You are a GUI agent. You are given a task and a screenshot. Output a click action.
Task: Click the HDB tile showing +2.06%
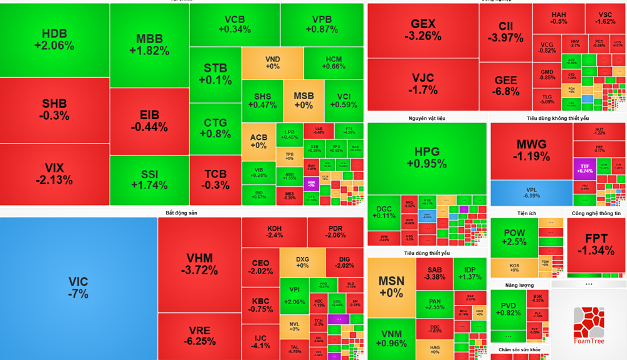tap(55, 40)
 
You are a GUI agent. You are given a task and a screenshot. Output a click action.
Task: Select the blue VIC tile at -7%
tap(78, 287)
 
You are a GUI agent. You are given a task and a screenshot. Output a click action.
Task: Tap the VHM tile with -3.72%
tap(199, 264)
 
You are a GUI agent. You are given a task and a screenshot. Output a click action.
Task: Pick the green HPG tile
tap(426, 157)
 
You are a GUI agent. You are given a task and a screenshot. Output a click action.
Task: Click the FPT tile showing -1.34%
tap(595, 245)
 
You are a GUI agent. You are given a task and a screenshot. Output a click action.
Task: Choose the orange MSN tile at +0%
tap(391, 286)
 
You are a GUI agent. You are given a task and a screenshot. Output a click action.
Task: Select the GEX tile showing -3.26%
tap(423, 30)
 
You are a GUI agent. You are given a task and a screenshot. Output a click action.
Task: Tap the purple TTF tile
tap(584, 167)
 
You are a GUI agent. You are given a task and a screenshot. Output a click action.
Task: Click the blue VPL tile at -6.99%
tap(531, 193)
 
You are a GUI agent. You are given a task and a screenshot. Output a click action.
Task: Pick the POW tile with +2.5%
tap(515, 237)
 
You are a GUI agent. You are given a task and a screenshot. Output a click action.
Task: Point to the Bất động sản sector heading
tap(181, 213)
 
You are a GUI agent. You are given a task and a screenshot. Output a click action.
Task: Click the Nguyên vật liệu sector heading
tap(427, 118)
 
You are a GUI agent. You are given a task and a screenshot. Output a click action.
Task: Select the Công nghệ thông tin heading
tap(596, 213)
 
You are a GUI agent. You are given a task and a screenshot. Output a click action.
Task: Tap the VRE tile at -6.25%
tap(199, 336)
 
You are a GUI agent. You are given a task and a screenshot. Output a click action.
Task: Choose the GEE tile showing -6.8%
tap(506, 86)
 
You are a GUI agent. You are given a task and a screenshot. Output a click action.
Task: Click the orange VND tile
tap(272, 63)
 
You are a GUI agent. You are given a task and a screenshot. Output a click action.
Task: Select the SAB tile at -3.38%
tap(435, 272)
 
